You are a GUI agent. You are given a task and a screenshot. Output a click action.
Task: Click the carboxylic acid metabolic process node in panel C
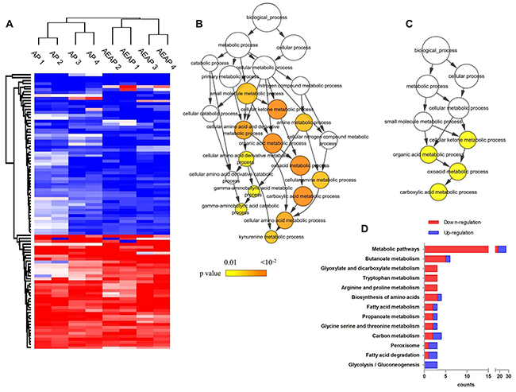[437, 192]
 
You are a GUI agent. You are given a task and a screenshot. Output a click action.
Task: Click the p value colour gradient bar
[234, 272]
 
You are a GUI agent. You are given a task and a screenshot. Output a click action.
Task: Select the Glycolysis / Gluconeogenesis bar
[431, 364]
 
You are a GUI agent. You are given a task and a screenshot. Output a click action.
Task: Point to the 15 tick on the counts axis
[487, 373]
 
